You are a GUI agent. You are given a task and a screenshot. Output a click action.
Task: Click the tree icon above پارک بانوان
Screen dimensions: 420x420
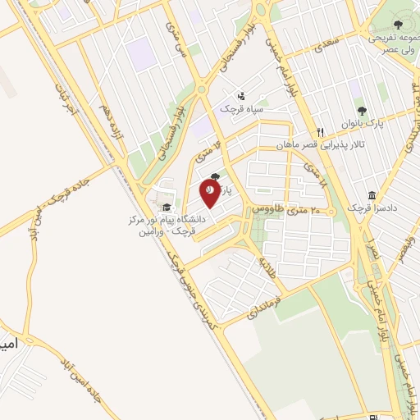[358, 109]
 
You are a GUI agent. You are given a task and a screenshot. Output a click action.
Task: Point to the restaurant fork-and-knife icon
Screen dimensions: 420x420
[322, 131]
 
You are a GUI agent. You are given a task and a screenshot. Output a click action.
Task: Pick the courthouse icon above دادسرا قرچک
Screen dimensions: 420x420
[372, 195]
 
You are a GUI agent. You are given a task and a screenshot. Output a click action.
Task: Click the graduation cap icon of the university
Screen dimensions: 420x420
[166, 208]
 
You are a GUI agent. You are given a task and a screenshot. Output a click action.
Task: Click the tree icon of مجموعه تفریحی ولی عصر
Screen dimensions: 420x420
[399, 25]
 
